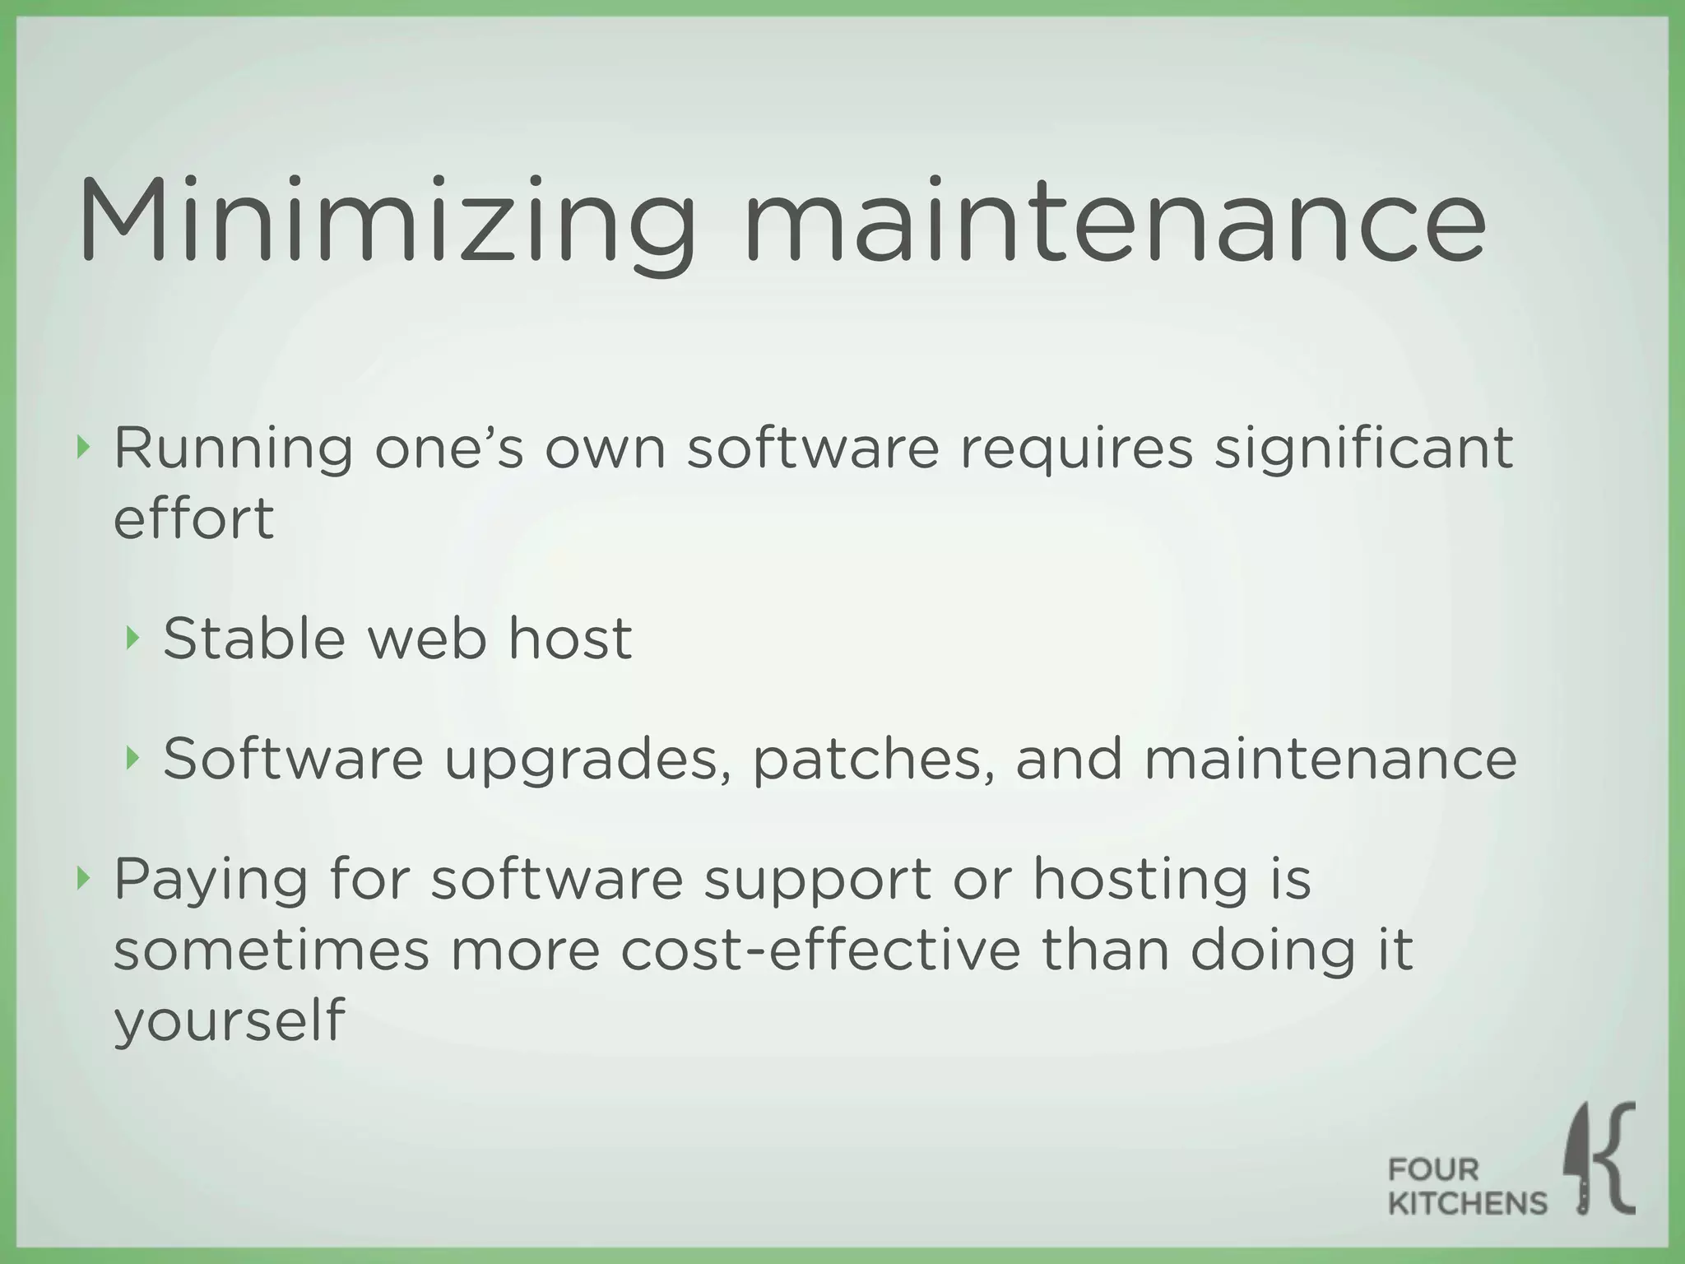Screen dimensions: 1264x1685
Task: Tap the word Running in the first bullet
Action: [233, 449]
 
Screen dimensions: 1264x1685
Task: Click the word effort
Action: [193, 518]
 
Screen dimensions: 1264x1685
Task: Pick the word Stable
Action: [254, 638]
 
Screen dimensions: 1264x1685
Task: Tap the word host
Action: [570, 638]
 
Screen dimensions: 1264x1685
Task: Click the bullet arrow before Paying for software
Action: [81, 879]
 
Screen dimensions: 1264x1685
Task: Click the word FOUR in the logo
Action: [1433, 1169]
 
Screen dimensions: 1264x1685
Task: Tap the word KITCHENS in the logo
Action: [1467, 1204]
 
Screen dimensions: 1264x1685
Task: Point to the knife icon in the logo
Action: [1580, 1160]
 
